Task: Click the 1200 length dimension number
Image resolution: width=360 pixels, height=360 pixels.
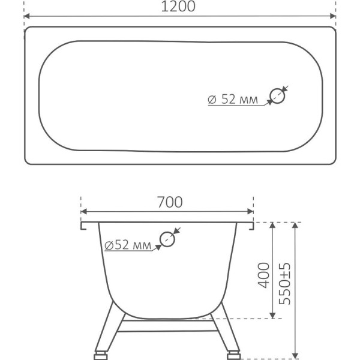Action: pyautogui.click(x=178, y=7)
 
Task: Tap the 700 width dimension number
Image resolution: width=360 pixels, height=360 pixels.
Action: pyautogui.click(x=170, y=202)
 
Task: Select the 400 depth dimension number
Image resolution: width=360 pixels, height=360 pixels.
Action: pyautogui.click(x=263, y=275)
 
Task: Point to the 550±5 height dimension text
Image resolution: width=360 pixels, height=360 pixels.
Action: pyautogui.click(x=284, y=284)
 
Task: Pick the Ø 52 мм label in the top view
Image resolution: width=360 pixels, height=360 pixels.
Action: pyautogui.click(x=233, y=100)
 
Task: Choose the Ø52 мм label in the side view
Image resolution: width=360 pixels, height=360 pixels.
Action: pyautogui.click(x=128, y=245)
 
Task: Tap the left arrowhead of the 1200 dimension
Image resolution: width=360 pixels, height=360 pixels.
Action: pyautogui.click(x=26, y=16)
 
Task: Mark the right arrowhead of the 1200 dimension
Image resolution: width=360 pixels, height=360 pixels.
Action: pyautogui.click(x=332, y=16)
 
